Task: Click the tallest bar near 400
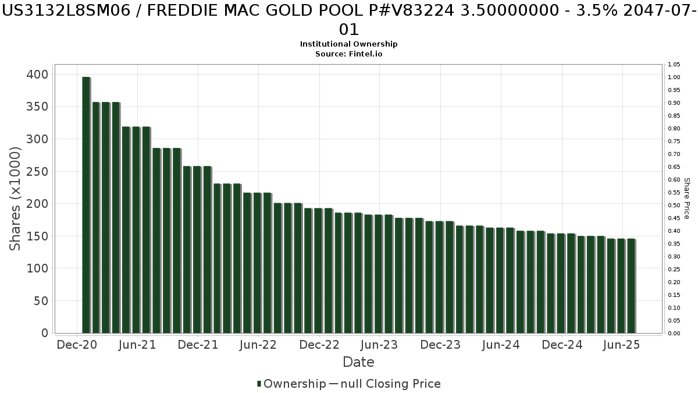(x=86, y=204)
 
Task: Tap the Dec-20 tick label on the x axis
(x=77, y=345)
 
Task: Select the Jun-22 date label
(x=258, y=345)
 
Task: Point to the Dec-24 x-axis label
(x=562, y=345)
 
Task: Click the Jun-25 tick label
(x=622, y=345)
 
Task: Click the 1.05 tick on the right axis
(x=674, y=65)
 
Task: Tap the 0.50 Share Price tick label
(x=674, y=206)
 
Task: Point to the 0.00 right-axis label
(x=674, y=334)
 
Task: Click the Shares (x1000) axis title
(x=16, y=199)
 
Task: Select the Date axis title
(x=358, y=362)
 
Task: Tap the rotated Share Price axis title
(x=686, y=199)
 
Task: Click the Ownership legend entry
(x=291, y=384)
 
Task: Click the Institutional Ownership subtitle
(x=349, y=44)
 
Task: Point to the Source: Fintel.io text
(x=349, y=54)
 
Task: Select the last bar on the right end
(x=631, y=285)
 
